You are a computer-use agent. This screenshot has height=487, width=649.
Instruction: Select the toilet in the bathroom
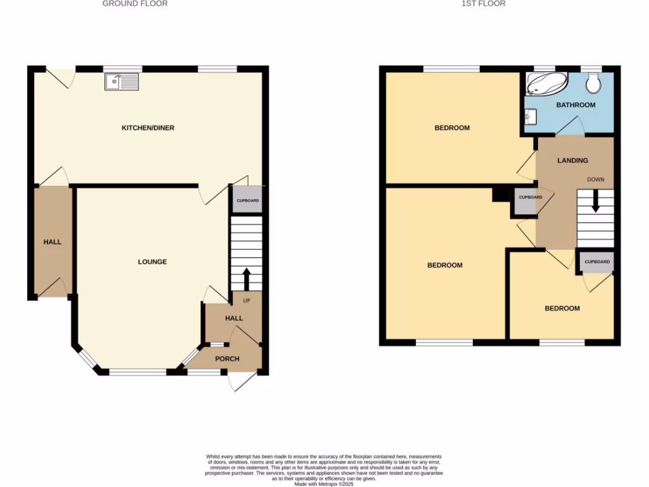[594, 82]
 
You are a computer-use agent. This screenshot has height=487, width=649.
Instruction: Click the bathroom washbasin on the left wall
[531, 117]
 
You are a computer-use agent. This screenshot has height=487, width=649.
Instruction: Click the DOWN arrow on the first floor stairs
[595, 202]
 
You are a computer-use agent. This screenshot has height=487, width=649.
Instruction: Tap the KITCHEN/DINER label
[148, 128]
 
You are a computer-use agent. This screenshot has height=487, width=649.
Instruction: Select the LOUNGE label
[153, 262]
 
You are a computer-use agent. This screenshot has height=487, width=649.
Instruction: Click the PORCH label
[228, 359]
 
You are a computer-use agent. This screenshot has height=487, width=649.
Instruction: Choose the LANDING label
[572, 160]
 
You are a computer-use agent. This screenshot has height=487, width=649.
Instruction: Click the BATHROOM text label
[575, 105]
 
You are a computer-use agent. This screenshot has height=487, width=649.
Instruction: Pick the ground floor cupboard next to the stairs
[247, 200]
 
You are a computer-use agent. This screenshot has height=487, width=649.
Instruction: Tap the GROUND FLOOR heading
[135, 4]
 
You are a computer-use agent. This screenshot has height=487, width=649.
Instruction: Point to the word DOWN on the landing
[595, 179]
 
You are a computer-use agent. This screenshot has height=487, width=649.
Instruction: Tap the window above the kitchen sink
[122, 68]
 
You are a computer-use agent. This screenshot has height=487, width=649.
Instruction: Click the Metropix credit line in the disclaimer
[324, 483]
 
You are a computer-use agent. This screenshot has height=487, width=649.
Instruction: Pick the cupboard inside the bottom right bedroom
[597, 262]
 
